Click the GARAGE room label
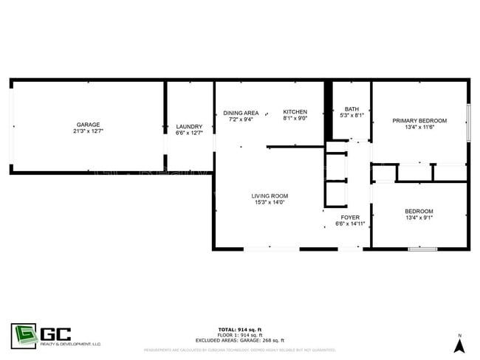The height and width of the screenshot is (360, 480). pyautogui.click(x=88, y=125)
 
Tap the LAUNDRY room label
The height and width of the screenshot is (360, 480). pyautogui.click(x=189, y=126)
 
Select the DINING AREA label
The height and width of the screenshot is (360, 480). pyautogui.click(x=241, y=112)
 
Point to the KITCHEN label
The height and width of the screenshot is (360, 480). pyautogui.click(x=295, y=112)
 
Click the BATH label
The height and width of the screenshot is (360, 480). pyautogui.click(x=352, y=109)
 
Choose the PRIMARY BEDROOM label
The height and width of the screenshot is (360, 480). pyautogui.click(x=419, y=120)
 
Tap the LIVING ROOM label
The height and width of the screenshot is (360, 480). pyautogui.click(x=269, y=195)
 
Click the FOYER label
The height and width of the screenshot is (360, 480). pyautogui.click(x=350, y=218)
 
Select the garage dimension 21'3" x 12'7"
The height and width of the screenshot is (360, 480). pyautogui.click(x=88, y=131)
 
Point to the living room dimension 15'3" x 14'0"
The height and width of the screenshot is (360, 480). pyautogui.click(x=269, y=202)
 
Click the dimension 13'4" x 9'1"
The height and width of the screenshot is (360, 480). pyautogui.click(x=419, y=218)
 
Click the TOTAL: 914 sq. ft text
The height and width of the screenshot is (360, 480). pyautogui.click(x=240, y=329)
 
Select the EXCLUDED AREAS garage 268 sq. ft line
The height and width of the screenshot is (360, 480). pyautogui.click(x=240, y=340)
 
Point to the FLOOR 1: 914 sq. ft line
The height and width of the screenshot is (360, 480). pyautogui.click(x=240, y=335)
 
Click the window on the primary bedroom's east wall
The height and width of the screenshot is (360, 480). pyautogui.click(x=468, y=122)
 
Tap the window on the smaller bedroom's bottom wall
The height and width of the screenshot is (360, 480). pyautogui.click(x=423, y=249)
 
